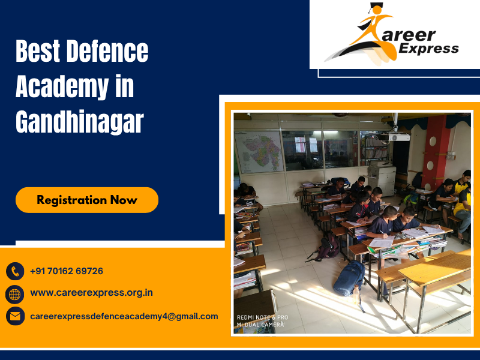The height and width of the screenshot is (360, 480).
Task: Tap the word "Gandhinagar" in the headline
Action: click(80, 122)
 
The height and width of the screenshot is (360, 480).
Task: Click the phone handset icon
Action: click(15, 271)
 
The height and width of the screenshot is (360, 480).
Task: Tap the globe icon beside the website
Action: click(15, 293)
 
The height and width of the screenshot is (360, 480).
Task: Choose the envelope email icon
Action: click(15, 316)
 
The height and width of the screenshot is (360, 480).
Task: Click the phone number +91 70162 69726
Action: click(67, 271)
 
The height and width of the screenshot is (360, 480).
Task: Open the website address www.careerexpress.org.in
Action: click(91, 293)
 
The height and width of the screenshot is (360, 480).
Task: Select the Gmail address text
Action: click(124, 316)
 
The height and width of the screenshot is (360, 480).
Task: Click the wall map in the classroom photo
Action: click(259, 152)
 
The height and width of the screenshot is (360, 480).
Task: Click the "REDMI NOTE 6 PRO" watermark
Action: click(263, 317)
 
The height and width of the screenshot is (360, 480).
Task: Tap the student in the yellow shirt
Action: click(462, 204)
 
